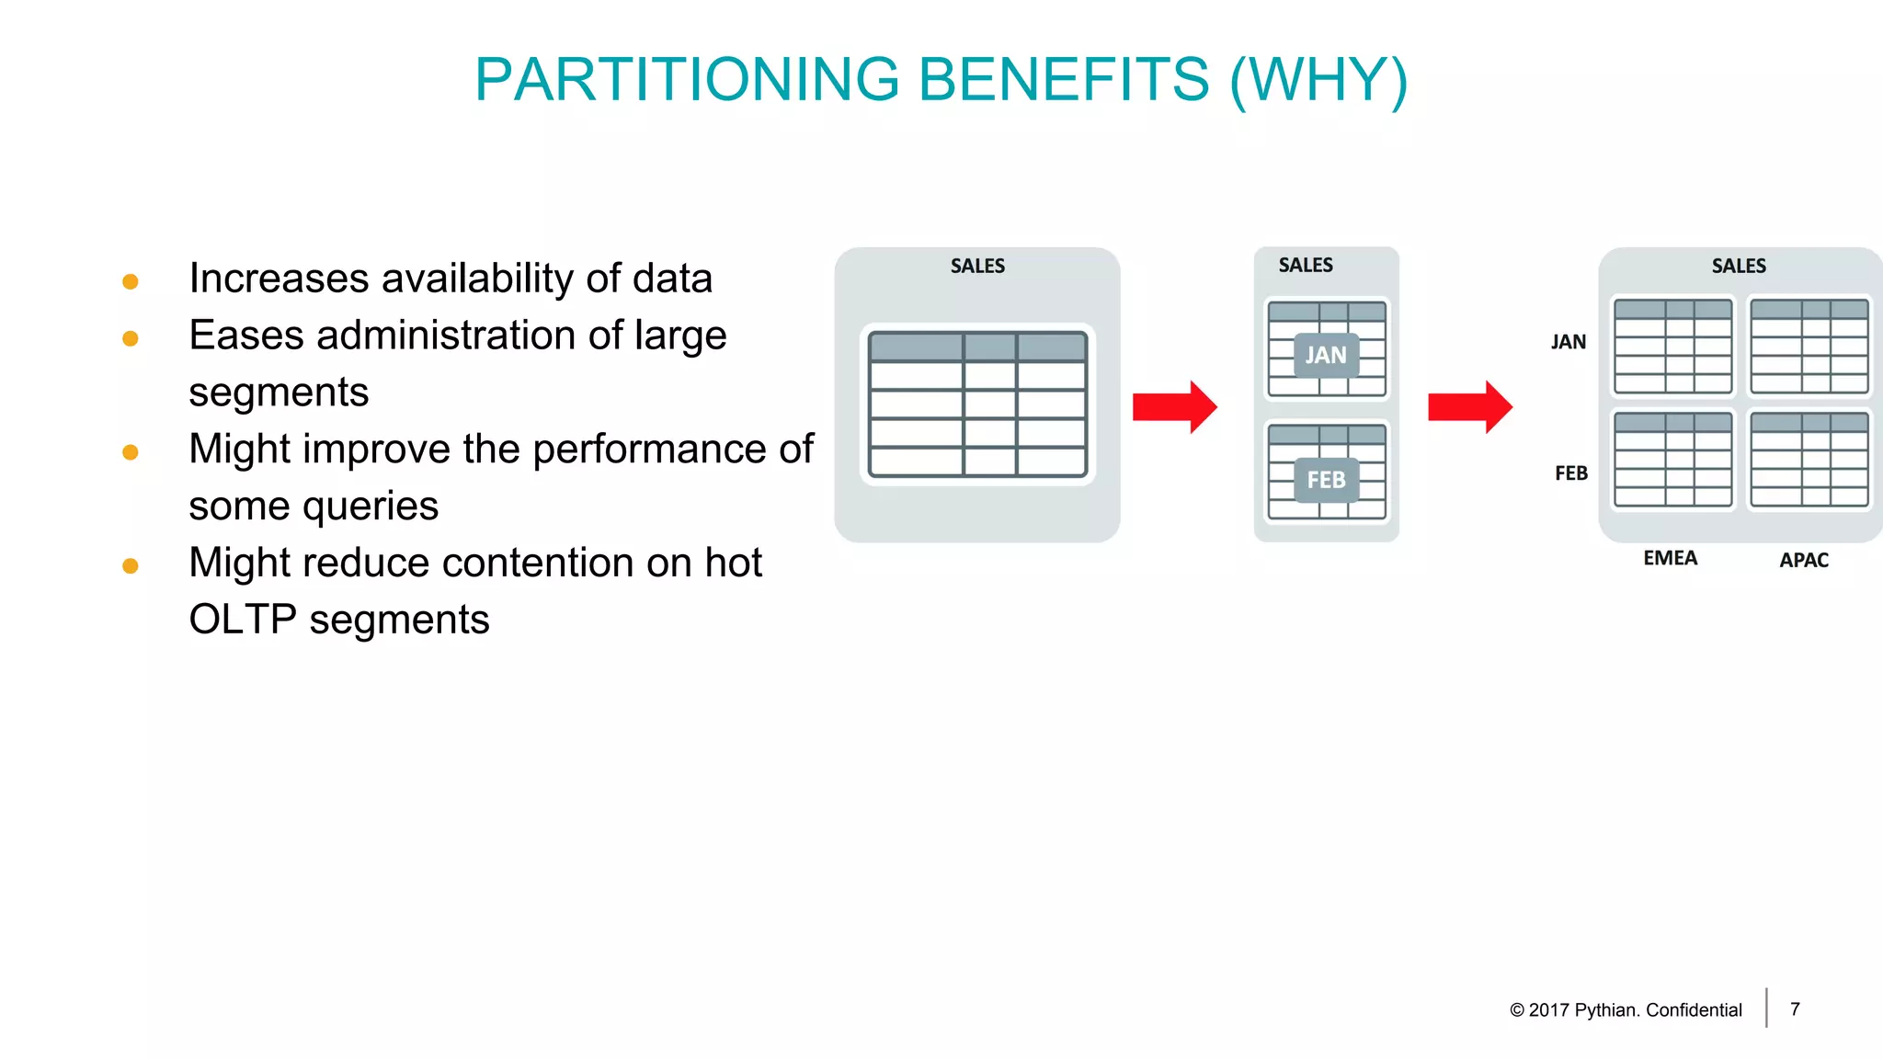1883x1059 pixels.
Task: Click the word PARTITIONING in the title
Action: [687, 80]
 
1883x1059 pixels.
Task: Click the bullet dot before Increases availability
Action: [131, 281]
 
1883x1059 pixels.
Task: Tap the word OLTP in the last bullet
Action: [242, 620]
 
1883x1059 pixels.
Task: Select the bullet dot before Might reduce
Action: [131, 566]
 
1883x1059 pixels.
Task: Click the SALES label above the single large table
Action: [977, 267]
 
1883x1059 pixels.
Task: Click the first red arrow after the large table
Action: [1174, 406]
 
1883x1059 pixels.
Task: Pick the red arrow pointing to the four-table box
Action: [1469, 406]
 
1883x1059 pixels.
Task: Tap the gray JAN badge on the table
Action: [1326, 355]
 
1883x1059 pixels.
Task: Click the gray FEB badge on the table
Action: [1326, 480]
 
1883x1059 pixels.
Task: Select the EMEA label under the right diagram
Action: [1671, 559]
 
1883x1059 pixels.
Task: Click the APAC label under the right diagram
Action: [1804, 561]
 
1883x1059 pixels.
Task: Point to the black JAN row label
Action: [1569, 343]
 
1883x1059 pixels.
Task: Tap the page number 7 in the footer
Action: [1795, 1009]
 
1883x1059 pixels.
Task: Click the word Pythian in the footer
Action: [1606, 1010]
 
